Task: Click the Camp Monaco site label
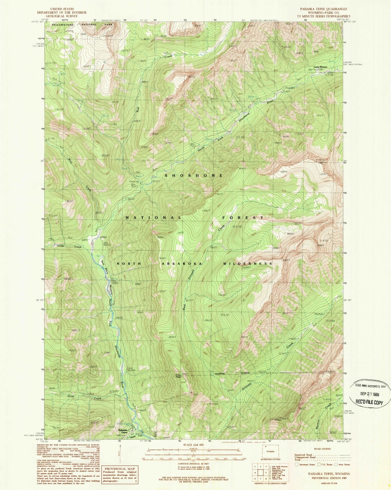click(x=320, y=67)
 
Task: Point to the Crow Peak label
click(x=178, y=376)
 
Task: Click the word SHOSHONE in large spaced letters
click(x=194, y=176)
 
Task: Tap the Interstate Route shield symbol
click(x=297, y=464)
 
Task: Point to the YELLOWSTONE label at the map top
click(x=63, y=25)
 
